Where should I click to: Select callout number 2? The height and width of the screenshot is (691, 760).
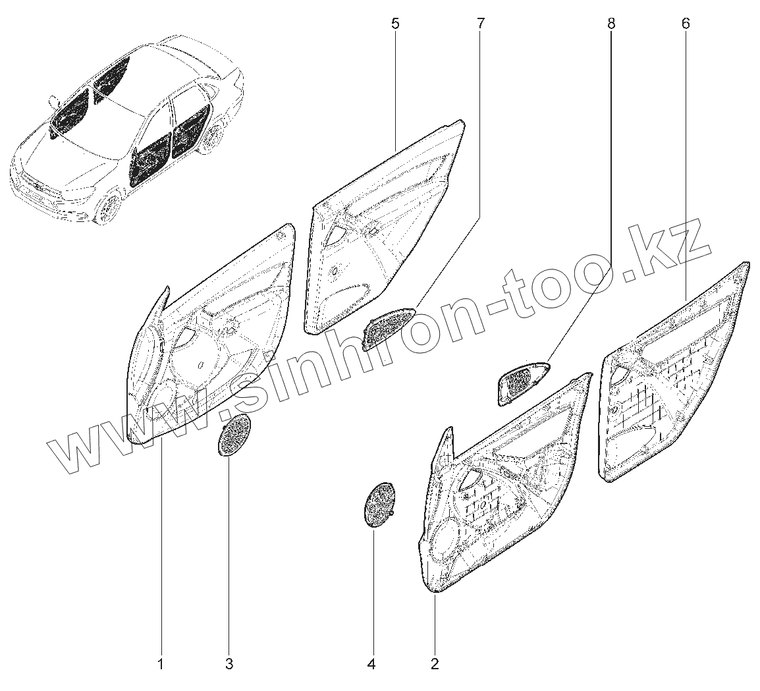click(x=434, y=665)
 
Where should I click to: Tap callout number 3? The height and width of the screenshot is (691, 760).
click(x=229, y=665)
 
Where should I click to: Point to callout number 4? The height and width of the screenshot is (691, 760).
click(x=371, y=665)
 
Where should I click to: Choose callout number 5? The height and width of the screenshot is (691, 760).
click(x=394, y=24)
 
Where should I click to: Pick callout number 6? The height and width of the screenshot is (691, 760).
click(x=686, y=24)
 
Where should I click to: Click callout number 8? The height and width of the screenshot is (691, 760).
click(x=611, y=24)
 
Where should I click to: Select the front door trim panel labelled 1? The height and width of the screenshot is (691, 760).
click(x=211, y=343)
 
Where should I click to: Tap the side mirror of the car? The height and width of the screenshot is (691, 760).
click(x=53, y=101)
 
